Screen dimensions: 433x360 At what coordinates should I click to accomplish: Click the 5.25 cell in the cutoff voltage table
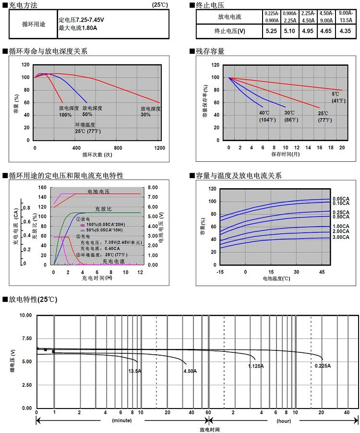[x=271, y=31]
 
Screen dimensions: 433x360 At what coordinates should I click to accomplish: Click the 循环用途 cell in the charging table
[x=34, y=24]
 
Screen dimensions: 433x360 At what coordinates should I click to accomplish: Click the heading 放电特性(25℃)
[x=33, y=300]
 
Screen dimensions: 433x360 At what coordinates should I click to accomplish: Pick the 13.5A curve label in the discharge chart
[x=135, y=371]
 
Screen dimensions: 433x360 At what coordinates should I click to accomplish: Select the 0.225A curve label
[x=323, y=366]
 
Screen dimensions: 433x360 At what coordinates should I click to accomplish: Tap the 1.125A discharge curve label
[x=256, y=366]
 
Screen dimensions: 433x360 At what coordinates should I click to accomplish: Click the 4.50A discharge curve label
[x=190, y=371]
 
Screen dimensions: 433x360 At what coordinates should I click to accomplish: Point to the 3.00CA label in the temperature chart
[x=341, y=238]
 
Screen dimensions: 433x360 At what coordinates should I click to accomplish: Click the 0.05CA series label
[x=341, y=199]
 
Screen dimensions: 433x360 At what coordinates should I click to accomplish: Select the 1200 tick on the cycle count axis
[x=160, y=148]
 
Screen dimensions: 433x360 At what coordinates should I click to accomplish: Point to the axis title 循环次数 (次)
[x=97, y=155]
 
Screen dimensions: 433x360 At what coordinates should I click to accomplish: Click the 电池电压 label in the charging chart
[x=98, y=191]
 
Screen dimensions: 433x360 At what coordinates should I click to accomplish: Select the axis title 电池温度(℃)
[x=276, y=278]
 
